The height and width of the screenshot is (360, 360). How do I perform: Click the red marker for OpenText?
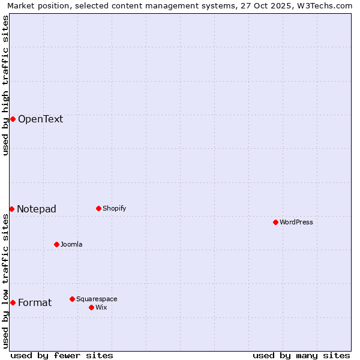pos(13,119)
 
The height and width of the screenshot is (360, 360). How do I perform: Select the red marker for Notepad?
pos(11,209)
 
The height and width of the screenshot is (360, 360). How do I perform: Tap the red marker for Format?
pos(13,302)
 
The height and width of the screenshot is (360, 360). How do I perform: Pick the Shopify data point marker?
pos(98,208)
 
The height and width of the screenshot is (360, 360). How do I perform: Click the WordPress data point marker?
pos(275,222)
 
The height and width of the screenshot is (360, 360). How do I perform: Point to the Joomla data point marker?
pos(56,244)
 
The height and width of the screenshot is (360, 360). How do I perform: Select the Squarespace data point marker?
pos(72,299)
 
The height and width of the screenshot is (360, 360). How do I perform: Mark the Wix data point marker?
pos(91,307)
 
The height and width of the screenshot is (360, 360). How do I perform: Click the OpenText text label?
pos(40,119)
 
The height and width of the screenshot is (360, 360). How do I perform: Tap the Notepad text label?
pos(37,209)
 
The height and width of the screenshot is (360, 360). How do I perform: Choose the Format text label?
pos(35,302)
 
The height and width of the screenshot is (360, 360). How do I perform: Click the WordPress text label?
pos(296,222)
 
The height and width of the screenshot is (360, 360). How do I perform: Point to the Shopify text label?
pos(115,208)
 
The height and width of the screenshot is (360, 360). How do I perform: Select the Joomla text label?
pos(71,244)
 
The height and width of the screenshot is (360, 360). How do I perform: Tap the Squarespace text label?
pos(97,299)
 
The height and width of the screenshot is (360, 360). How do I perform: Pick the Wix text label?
pos(101,307)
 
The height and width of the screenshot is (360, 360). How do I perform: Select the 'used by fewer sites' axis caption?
pos(62,355)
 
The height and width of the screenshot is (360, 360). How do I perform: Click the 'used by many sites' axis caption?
pos(301,355)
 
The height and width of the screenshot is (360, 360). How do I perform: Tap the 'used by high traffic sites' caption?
pos(5,85)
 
